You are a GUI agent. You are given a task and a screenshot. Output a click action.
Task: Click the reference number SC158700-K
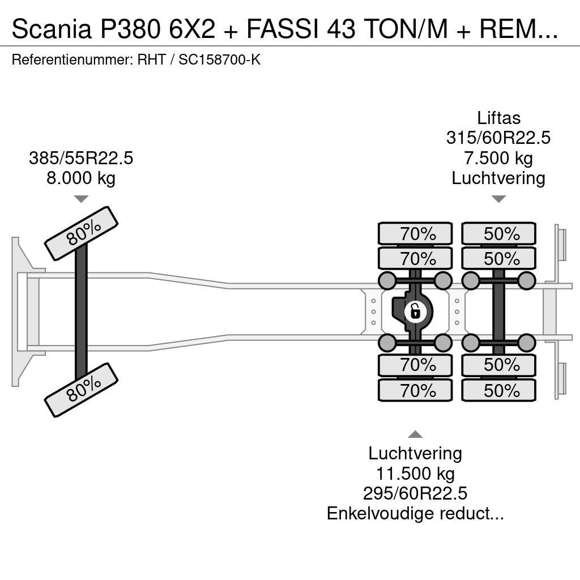(219, 59)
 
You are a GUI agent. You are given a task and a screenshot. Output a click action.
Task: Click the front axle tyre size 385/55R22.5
(81, 158)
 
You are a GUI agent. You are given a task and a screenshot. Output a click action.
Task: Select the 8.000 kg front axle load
(81, 178)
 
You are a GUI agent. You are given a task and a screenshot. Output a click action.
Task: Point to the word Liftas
(498, 118)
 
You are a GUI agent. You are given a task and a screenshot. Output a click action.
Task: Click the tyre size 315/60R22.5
(498, 138)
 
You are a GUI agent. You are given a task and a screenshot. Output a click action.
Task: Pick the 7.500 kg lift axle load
(498, 158)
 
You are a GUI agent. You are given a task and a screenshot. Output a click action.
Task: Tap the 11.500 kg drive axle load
(415, 473)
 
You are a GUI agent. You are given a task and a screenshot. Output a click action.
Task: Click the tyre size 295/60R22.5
(415, 493)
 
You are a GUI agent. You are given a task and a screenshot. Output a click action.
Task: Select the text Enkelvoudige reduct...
(415, 514)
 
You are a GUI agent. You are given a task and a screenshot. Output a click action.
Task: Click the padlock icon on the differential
(415, 311)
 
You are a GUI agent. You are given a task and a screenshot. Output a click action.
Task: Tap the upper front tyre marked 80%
(82, 233)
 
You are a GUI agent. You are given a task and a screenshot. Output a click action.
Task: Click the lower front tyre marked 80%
(82, 390)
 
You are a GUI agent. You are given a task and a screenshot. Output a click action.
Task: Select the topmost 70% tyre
(415, 234)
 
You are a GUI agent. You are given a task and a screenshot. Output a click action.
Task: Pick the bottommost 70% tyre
(415, 390)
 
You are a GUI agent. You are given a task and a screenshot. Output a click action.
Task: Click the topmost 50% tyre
(499, 234)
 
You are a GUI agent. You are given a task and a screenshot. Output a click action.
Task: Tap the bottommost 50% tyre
(499, 390)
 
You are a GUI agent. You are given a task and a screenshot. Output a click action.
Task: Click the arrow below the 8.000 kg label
(81, 199)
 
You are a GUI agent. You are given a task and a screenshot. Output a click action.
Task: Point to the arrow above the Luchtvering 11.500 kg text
(415, 434)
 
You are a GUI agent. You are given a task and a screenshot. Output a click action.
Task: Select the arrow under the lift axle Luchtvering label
(498, 199)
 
